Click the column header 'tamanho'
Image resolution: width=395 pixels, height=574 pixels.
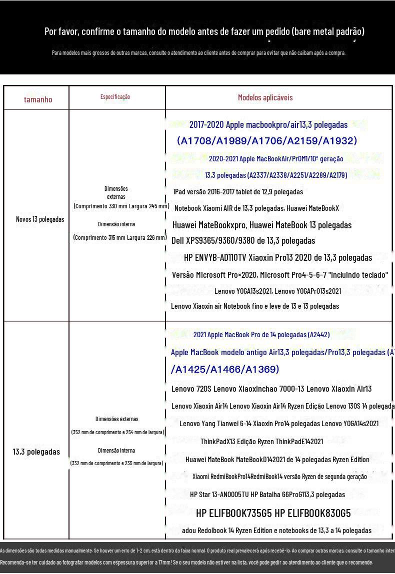[38, 99]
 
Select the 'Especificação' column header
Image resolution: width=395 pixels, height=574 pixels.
[115, 97]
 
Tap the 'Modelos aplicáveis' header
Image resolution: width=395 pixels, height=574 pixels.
[265, 97]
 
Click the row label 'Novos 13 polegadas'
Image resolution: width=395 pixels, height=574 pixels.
[40, 219]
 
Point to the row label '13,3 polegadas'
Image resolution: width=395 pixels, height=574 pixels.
[36, 452]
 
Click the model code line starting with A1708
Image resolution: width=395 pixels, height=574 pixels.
[267, 141]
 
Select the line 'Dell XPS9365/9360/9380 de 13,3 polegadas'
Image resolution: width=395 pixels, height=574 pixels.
[243, 241]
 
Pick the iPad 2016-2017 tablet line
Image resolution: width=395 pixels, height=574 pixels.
[238, 192]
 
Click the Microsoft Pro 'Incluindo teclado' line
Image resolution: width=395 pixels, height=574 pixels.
[280, 275]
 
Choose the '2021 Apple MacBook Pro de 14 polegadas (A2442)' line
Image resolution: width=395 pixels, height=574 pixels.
[261, 335]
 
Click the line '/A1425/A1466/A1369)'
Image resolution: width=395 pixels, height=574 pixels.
[224, 369]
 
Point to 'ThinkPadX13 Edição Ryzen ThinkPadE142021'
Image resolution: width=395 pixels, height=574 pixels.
[261, 442]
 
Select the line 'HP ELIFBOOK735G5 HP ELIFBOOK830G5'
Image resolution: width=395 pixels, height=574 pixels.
[273, 513]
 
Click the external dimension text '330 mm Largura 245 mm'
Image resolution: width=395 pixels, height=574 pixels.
[121, 206]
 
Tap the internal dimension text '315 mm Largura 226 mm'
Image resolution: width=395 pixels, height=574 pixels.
[119, 238]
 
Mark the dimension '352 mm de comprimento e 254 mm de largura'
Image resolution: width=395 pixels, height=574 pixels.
[117, 432]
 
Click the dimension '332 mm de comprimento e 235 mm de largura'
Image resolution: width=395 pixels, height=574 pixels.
[117, 464]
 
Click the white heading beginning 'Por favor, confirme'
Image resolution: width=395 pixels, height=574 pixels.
[204, 32]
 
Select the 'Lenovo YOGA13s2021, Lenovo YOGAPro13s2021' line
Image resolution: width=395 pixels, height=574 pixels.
[277, 291]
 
